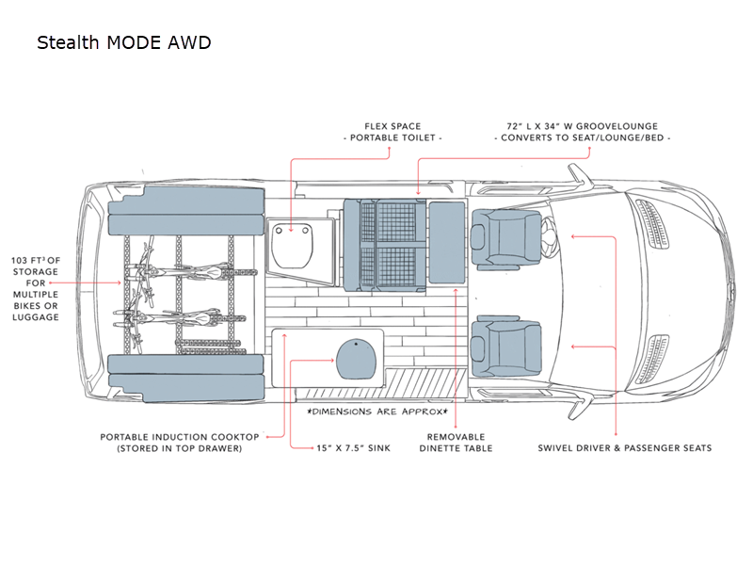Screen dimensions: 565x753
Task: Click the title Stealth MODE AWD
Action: (x=123, y=43)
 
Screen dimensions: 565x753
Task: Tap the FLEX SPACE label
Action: (x=393, y=126)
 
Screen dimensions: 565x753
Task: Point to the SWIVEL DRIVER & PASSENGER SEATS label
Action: (x=624, y=447)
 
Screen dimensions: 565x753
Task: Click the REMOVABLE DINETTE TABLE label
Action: (x=456, y=443)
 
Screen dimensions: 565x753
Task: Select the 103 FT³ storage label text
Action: (x=36, y=288)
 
